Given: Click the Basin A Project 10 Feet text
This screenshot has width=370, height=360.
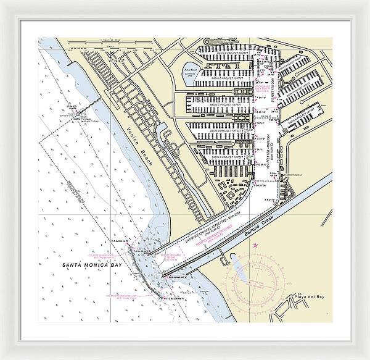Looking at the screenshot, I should click(229, 157).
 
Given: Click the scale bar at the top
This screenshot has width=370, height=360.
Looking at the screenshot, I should click(111, 46).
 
